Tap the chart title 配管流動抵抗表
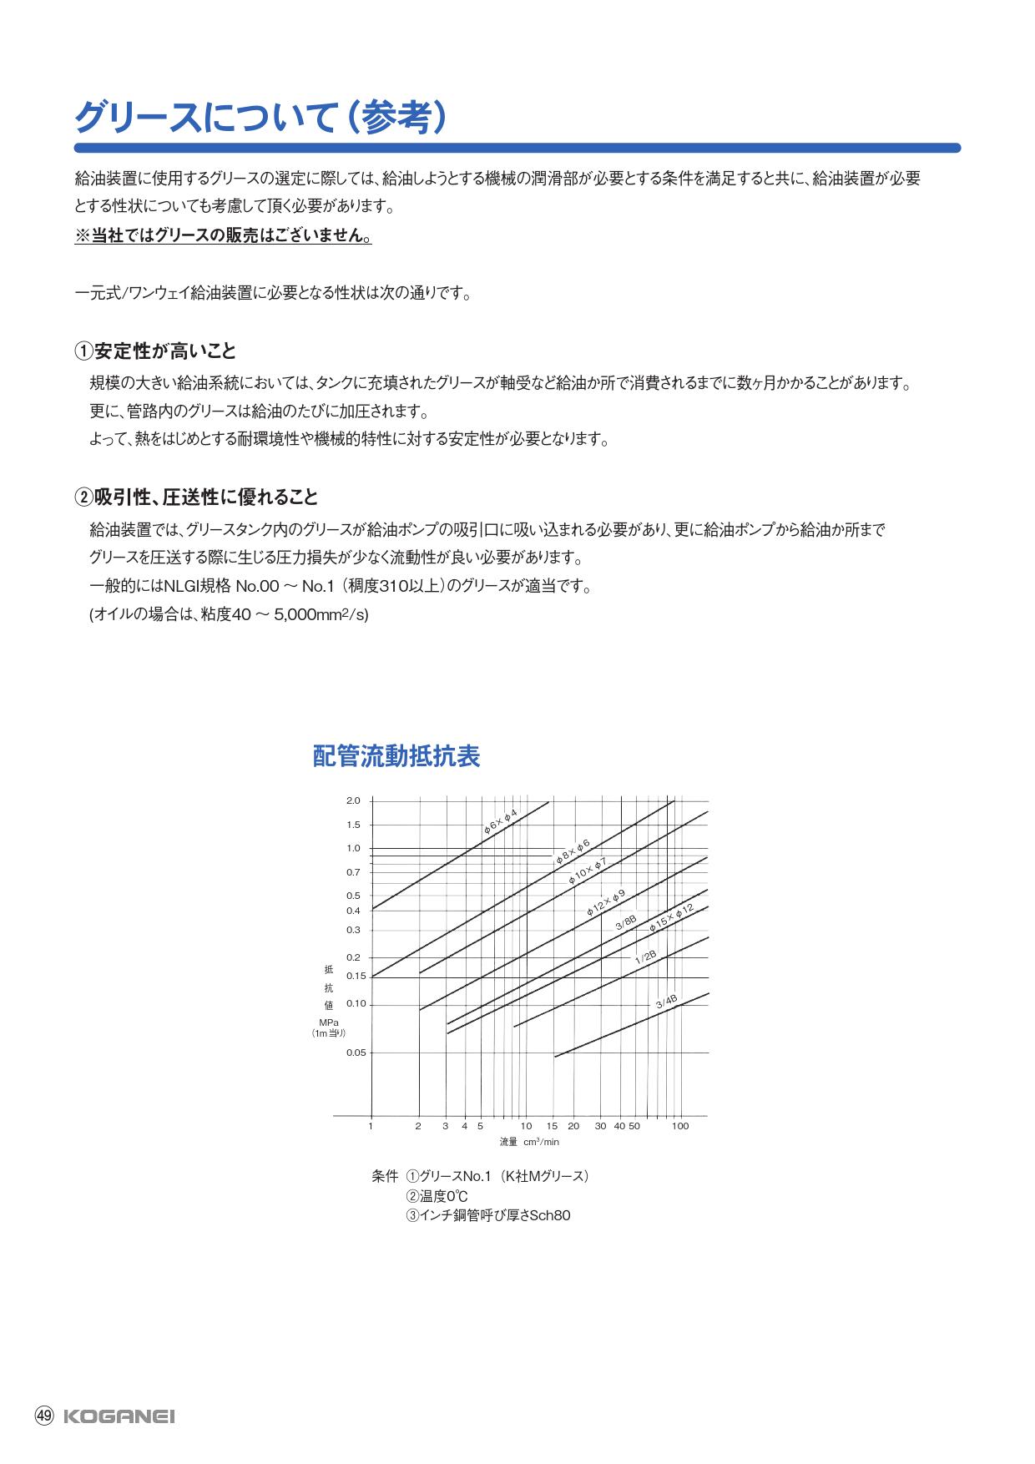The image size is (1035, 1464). tap(396, 757)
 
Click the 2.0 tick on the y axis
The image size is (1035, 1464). tap(353, 801)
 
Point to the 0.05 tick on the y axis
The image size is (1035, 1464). tap(356, 1053)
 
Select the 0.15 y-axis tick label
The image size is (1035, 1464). tap(356, 976)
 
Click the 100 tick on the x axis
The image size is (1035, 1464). tap(680, 1126)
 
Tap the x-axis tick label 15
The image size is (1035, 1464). tap(552, 1126)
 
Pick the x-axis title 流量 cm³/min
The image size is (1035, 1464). tap(529, 1141)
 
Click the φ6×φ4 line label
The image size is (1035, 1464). tap(501, 821)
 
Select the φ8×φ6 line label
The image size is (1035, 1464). tap(573, 851)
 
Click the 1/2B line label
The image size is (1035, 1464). tap(646, 957)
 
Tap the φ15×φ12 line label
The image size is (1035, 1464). tap(672, 917)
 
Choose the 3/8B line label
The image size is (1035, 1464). tap(626, 923)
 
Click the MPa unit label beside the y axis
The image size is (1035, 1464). tap(328, 1022)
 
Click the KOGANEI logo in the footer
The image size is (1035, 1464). tap(119, 1416)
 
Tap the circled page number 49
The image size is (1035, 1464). tap(44, 1416)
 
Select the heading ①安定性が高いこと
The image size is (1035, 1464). tap(156, 351)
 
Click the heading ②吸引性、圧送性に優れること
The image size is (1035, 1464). tap(197, 497)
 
